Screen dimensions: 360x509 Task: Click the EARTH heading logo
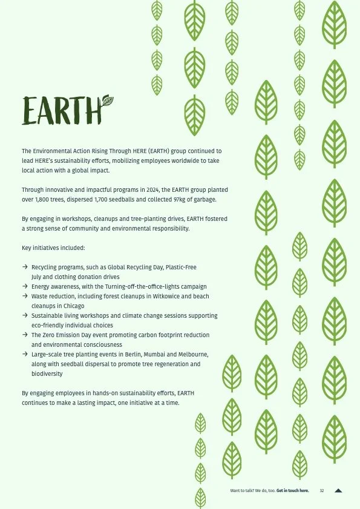tap(64, 111)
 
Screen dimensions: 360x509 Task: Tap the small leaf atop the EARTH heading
tap(107, 101)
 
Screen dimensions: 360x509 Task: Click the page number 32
tap(322, 491)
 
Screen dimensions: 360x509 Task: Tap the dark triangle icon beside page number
tap(338, 491)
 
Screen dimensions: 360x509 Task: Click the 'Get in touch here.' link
tap(293, 491)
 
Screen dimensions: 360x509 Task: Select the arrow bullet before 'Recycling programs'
tap(25, 268)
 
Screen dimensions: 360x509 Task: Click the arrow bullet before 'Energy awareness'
tap(25, 287)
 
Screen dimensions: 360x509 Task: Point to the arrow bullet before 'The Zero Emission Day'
tap(25, 335)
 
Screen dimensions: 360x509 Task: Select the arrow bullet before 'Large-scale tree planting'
tap(25, 355)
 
